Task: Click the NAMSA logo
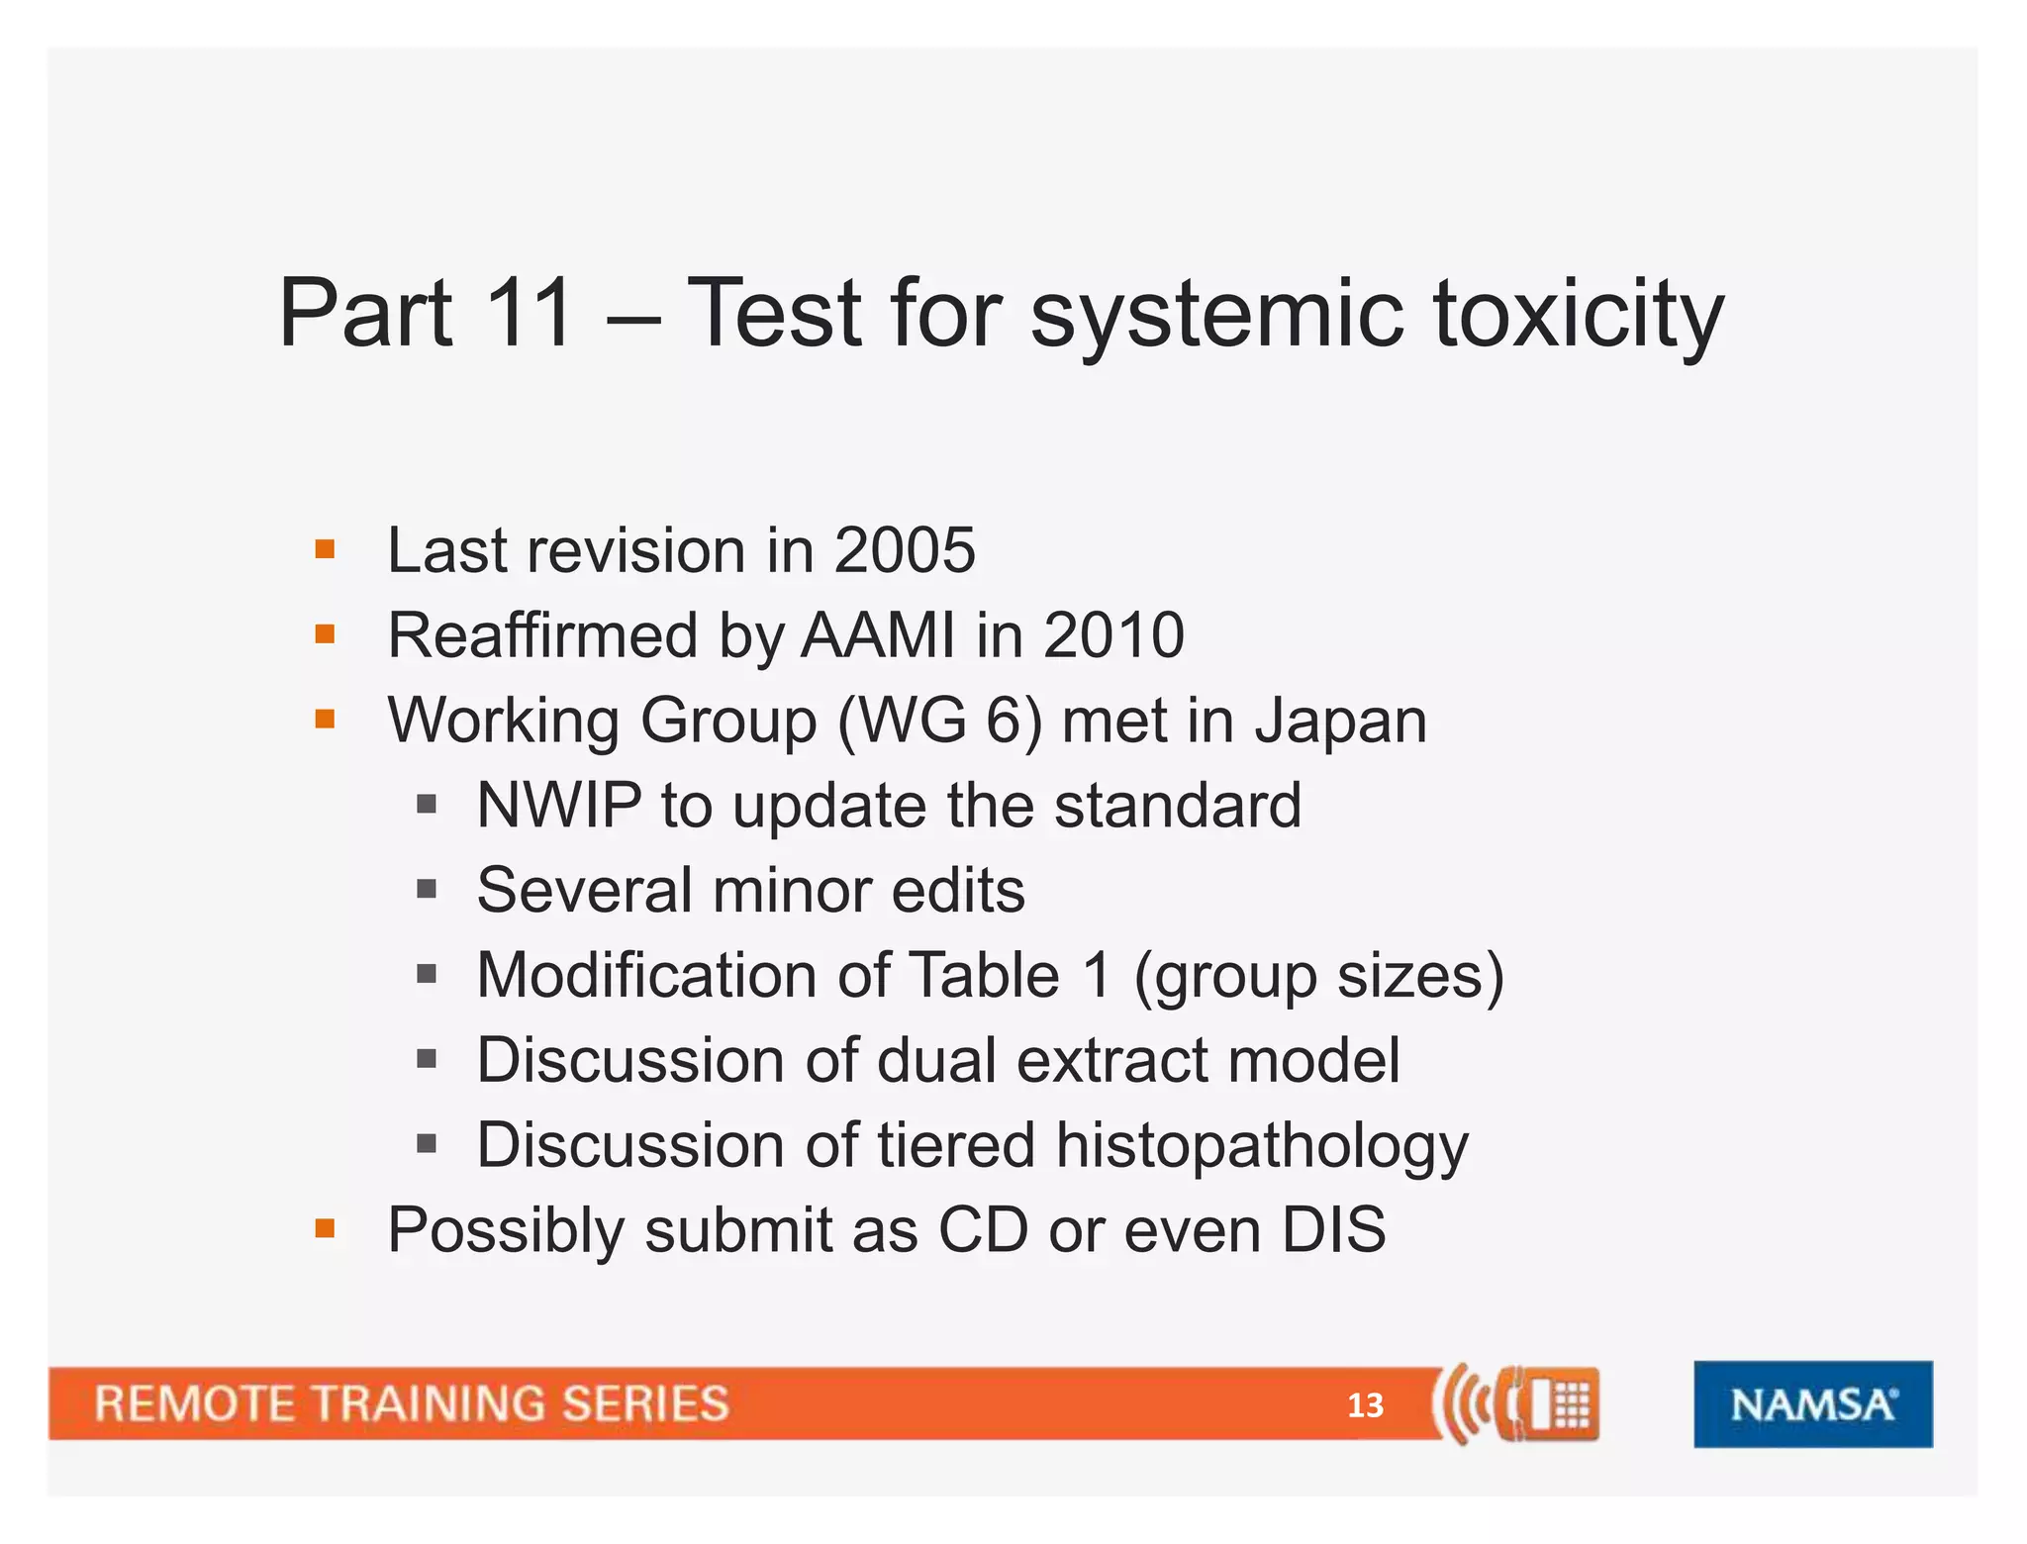coord(1812,1404)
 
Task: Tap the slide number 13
coord(1365,1405)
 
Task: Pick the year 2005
coord(904,550)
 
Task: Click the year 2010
coord(1113,635)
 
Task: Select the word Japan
coord(1341,721)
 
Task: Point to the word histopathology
coord(1262,1146)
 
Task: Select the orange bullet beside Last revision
coord(325,549)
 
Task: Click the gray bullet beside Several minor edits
coord(427,890)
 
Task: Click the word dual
coord(936,1060)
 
